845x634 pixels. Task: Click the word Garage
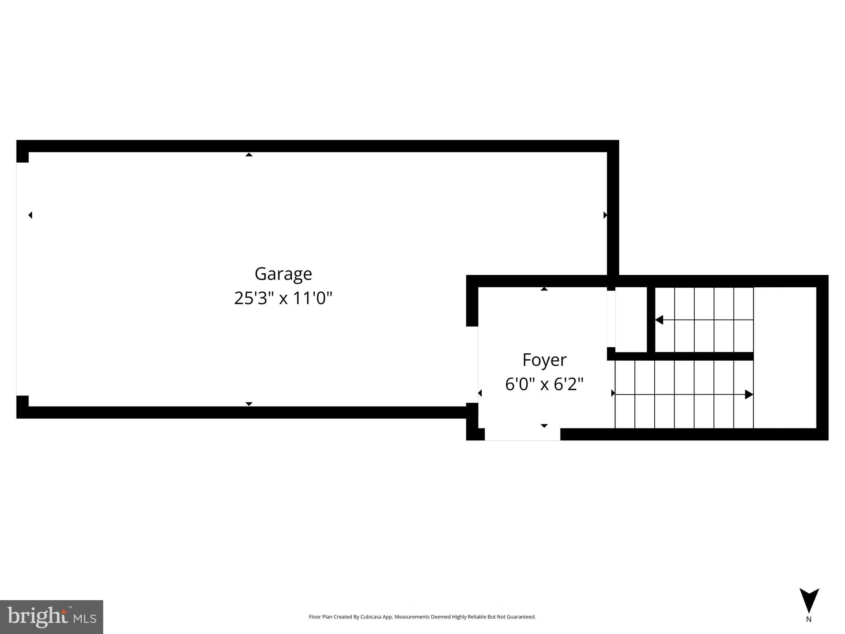click(x=283, y=274)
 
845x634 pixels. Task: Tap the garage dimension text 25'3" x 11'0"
click(x=283, y=298)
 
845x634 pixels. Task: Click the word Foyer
click(x=544, y=360)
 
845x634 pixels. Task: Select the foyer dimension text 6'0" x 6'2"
click(x=544, y=384)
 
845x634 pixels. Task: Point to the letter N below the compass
click(x=809, y=619)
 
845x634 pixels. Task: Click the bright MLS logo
click(x=52, y=617)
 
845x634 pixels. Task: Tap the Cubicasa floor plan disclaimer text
click(x=422, y=617)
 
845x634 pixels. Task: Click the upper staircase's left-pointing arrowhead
click(x=659, y=319)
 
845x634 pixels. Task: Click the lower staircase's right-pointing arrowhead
click(x=748, y=394)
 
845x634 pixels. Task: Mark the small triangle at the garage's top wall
click(x=249, y=155)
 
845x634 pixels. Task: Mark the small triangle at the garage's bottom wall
click(x=249, y=404)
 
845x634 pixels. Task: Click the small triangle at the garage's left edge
click(x=30, y=215)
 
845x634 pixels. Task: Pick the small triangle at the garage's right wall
click(x=605, y=215)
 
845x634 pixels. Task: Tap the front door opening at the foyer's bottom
click(x=522, y=434)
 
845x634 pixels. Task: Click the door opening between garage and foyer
click(x=472, y=364)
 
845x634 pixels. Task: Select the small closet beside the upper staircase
click(x=631, y=319)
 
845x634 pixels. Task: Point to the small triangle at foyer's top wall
click(x=544, y=289)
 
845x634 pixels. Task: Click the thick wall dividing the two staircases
click(x=702, y=356)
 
